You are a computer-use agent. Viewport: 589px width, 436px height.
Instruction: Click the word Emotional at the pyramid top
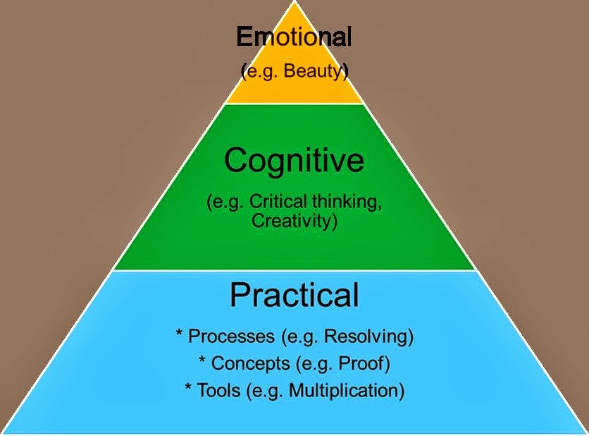[293, 37]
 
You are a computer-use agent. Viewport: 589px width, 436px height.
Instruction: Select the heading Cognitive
[294, 160]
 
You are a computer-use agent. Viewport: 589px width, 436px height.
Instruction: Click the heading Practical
[294, 294]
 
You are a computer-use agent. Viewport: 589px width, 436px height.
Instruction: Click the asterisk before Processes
[179, 334]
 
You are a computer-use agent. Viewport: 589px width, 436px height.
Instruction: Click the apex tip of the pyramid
[294, 3]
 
